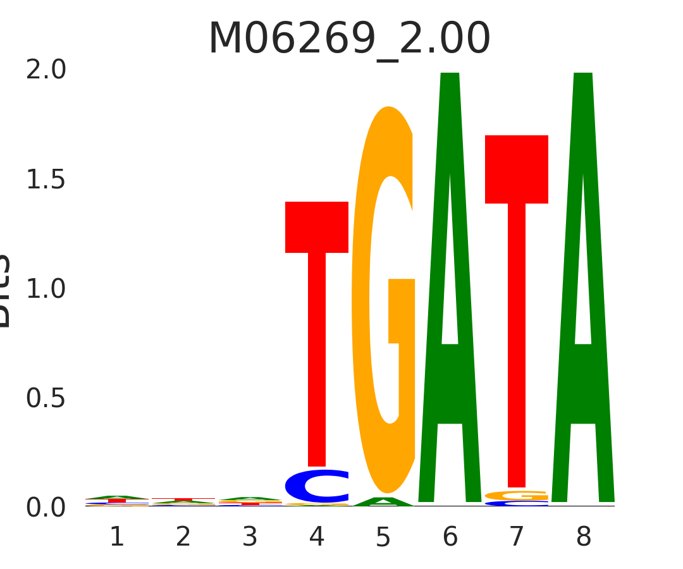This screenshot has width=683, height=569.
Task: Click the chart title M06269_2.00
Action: click(349, 39)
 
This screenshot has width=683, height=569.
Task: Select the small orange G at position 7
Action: click(517, 496)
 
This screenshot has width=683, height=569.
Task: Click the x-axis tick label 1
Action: click(117, 537)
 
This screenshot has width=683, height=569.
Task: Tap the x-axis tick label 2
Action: click(183, 537)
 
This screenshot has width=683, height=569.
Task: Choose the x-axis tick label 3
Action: click(250, 537)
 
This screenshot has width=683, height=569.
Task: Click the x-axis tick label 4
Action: click(317, 537)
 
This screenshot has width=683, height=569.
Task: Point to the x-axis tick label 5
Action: click(383, 537)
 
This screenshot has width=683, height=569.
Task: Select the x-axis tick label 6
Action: click(450, 537)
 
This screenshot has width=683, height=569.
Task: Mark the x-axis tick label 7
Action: click(517, 537)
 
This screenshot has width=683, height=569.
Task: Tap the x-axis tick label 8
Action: click(583, 537)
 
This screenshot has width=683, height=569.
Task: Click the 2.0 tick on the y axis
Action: click(46, 70)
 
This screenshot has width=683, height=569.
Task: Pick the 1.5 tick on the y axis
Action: click(46, 180)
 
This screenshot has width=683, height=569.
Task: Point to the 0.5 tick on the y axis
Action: click(46, 399)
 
